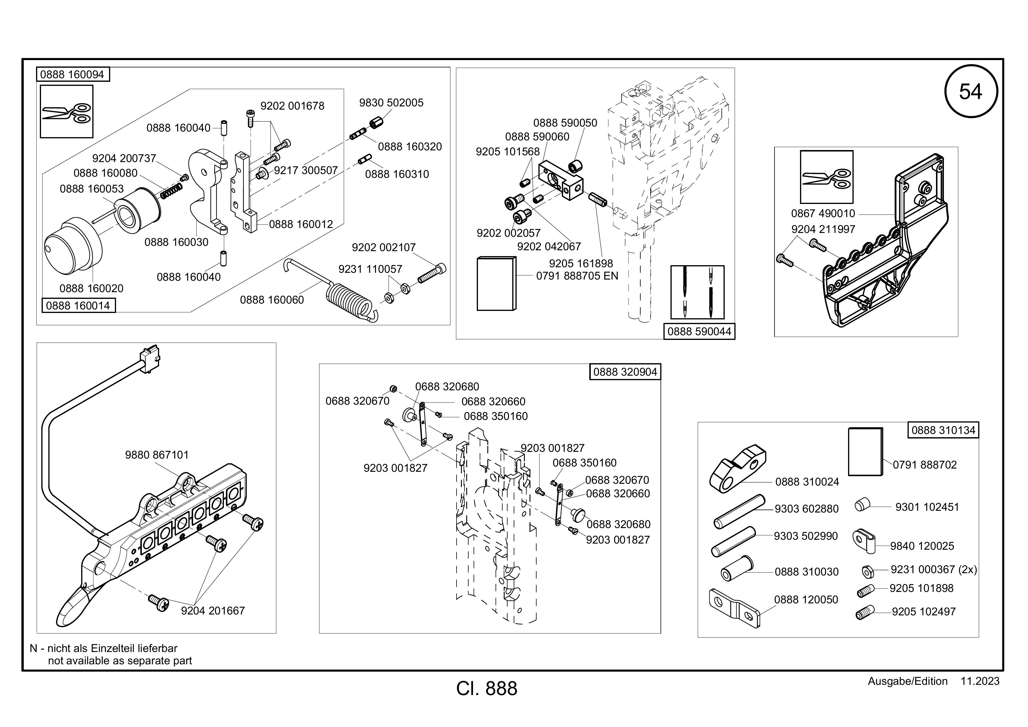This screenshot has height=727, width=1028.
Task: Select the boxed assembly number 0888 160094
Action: pos(73,74)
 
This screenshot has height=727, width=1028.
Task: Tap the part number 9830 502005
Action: pos(391,103)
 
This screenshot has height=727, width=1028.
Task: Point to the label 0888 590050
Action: pos(565,123)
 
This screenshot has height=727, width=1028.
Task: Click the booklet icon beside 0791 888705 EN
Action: pos(496,283)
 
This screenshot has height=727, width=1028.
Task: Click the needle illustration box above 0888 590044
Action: pos(697,292)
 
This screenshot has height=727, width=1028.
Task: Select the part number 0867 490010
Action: pos(823,214)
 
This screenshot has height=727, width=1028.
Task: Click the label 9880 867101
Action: pos(157,455)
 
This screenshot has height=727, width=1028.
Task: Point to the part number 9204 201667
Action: pos(213,611)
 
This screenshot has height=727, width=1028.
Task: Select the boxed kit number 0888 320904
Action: pos(625,372)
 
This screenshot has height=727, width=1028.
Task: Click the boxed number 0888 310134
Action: pos(943,430)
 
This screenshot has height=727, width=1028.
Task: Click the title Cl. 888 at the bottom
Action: pos(487,689)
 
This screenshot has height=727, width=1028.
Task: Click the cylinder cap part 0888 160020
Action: pos(74,248)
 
